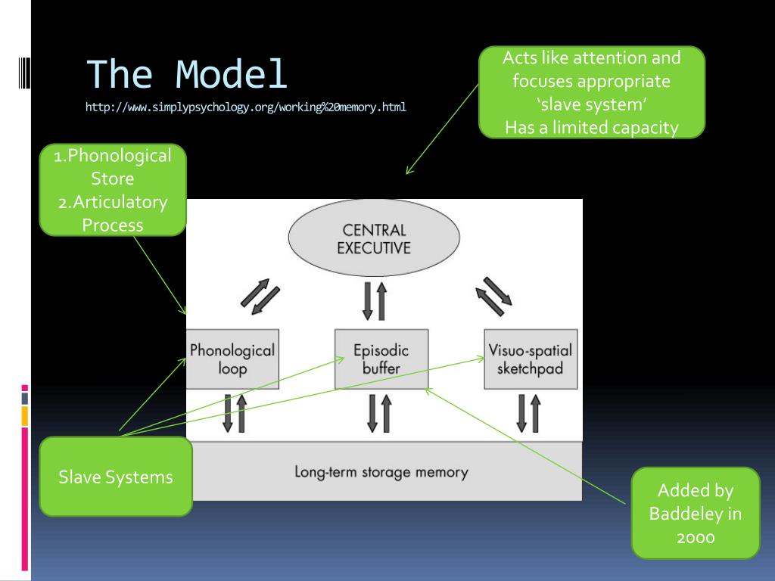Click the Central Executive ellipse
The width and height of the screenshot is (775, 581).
click(374, 238)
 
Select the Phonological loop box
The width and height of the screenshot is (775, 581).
click(232, 359)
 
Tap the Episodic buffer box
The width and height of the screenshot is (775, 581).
click(381, 359)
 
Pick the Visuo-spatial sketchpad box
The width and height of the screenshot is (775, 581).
click(531, 359)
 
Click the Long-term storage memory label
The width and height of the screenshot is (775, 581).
click(381, 472)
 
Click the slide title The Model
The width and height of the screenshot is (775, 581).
click(187, 74)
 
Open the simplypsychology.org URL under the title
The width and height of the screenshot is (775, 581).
click(246, 107)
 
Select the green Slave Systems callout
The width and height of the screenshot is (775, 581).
click(116, 477)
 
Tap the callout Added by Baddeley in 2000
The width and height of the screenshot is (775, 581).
click(696, 514)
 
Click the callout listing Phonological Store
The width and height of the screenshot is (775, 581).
click(113, 190)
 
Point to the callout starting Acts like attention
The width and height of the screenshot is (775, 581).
click(592, 92)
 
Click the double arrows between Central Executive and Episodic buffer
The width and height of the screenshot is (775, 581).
click(375, 301)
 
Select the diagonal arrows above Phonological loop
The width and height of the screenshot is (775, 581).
click(260, 297)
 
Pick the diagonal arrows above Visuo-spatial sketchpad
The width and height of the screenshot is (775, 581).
click(493, 296)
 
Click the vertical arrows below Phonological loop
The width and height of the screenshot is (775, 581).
click(235, 414)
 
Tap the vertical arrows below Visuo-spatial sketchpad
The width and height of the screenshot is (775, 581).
click(528, 414)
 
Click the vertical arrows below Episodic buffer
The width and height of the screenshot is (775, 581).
click(380, 414)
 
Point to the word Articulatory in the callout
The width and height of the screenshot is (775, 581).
click(120, 202)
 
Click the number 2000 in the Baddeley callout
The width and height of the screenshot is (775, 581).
click(696, 538)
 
